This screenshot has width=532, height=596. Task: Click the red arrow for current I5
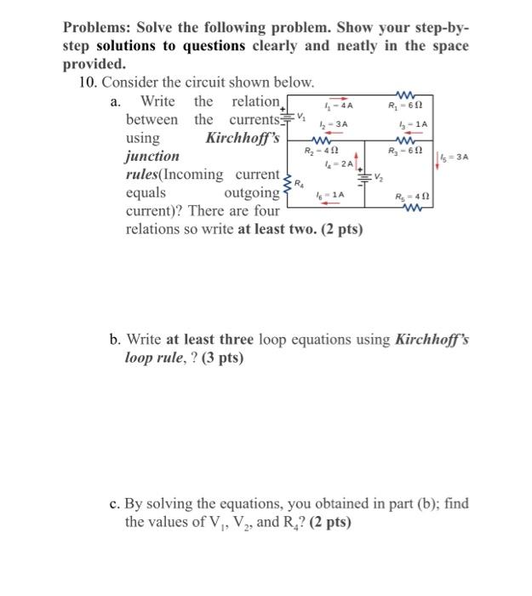pos(438,158)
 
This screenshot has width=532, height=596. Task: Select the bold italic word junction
pos(152,156)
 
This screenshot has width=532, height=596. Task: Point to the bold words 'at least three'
pos(203,340)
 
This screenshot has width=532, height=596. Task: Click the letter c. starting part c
pos(116,503)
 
